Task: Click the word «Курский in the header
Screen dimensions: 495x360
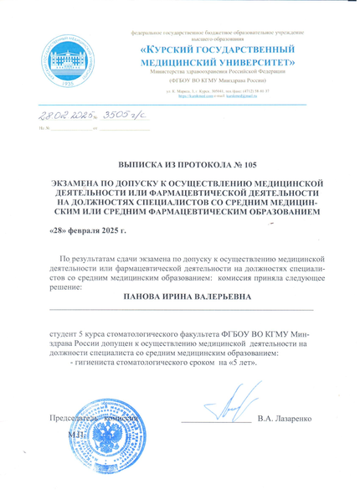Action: pyautogui.click(x=175, y=53)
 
